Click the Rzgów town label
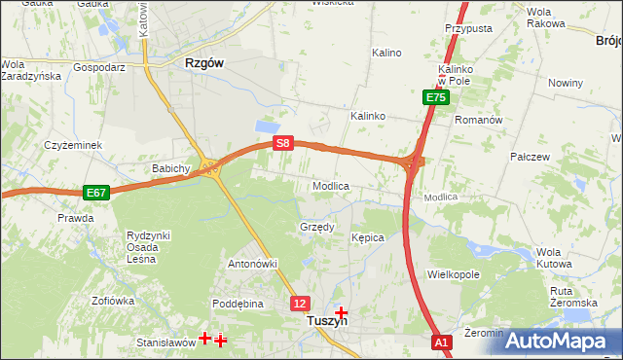tap(203, 62)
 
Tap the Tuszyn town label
tap(326, 320)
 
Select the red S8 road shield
tap(282, 143)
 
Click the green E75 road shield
tap(435, 97)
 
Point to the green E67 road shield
tap(95, 193)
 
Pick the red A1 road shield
tap(442, 342)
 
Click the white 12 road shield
tap(300, 304)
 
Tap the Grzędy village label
tap(316, 227)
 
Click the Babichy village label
tap(170, 168)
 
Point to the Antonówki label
tap(253, 264)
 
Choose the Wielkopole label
tap(454, 275)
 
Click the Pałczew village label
tap(531, 156)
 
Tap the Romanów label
tap(478, 120)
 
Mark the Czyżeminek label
tap(73, 145)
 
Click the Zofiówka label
tap(112, 301)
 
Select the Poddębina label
tap(238, 304)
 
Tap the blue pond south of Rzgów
tap(265, 126)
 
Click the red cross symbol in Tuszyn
tap(341, 312)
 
